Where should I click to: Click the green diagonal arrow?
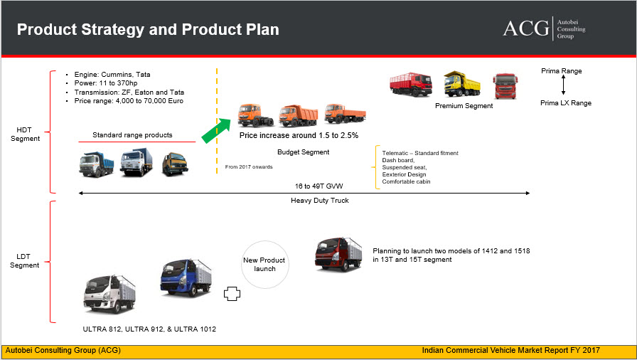coord(216,130)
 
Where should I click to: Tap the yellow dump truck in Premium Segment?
coord(461,84)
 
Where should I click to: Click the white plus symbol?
coord(231,295)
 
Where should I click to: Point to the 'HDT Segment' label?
coord(29,134)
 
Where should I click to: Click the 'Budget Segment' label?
coord(303,152)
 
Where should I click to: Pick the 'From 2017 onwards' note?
coord(248,167)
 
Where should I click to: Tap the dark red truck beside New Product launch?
coord(338,255)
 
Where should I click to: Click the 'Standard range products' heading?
coord(132,135)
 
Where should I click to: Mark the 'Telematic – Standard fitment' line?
coord(420,153)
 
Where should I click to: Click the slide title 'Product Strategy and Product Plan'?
coord(148,30)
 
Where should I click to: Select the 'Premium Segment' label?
coord(464,106)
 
